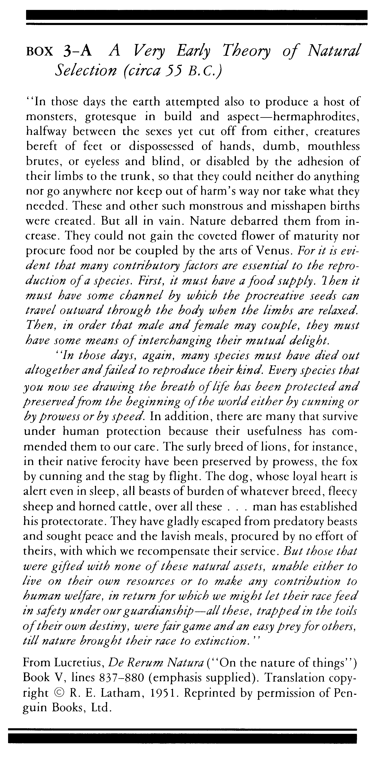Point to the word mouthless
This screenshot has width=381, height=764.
pos(333,147)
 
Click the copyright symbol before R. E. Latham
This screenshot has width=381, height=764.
pos(59,693)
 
